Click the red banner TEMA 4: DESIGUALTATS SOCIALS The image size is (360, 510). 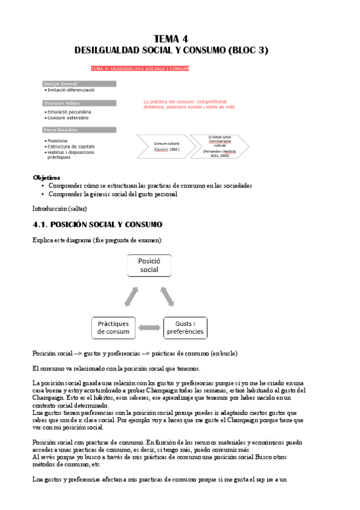click(x=139, y=69)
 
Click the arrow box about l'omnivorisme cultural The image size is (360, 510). click(x=219, y=146)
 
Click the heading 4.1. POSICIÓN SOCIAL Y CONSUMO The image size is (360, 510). click(x=97, y=224)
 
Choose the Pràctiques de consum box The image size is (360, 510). click(x=114, y=327)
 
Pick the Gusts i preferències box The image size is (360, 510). click(x=185, y=327)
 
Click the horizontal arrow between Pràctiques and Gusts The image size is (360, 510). click(x=149, y=328)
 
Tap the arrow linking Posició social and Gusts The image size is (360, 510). click(x=168, y=296)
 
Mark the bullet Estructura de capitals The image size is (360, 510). click(x=70, y=147)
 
